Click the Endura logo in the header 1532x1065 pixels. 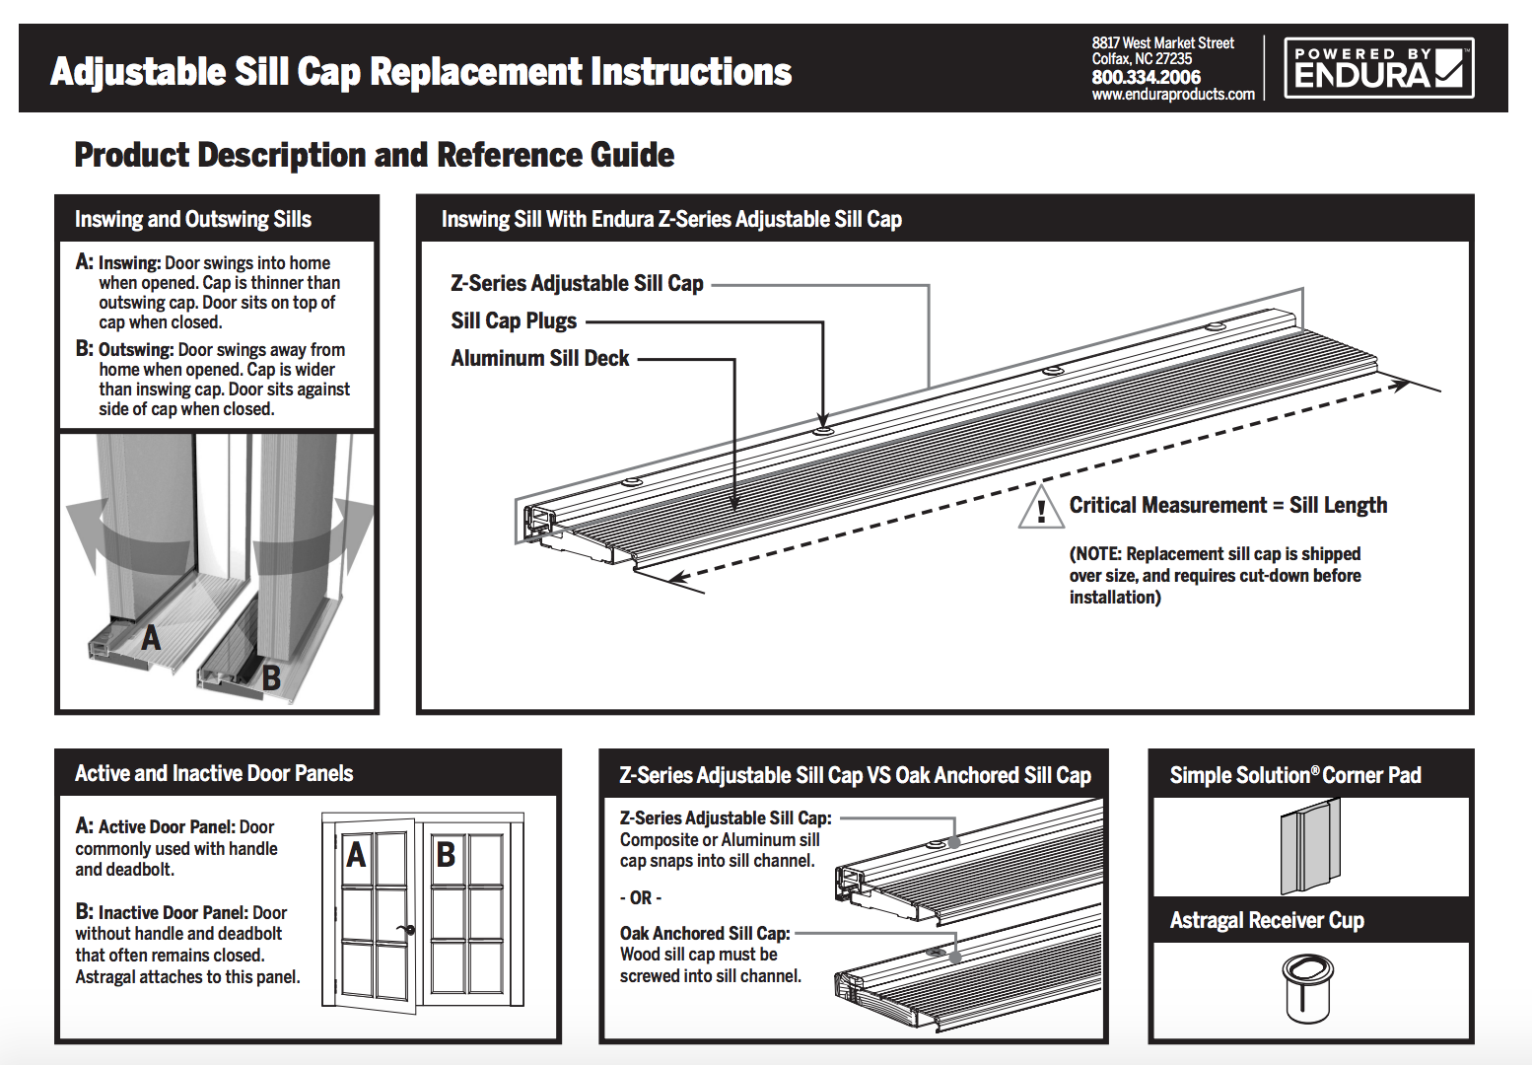click(1378, 68)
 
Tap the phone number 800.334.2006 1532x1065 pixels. click(1146, 77)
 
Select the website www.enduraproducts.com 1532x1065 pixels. click(1173, 95)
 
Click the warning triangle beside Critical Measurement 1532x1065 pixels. click(1040, 508)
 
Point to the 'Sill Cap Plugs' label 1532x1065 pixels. click(514, 321)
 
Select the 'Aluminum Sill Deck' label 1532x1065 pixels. click(539, 359)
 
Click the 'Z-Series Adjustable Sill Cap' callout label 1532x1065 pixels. click(577, 284)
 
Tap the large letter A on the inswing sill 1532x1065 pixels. click(151, 639)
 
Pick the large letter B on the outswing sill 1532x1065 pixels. click(271, 678)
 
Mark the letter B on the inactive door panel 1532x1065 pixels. click(446, 854)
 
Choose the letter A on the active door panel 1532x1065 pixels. click(357, 854)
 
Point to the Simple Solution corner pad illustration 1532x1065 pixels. click(1311, 847)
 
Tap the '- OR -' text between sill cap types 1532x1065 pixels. click(640, 898)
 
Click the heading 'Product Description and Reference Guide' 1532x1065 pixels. click(375, 156)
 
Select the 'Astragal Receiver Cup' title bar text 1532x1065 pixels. click(1267, 921)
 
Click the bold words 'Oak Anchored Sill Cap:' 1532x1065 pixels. click(705, 934)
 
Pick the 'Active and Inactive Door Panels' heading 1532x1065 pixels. click(214, 774)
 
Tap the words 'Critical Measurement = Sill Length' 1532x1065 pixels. click(1227, 506)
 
